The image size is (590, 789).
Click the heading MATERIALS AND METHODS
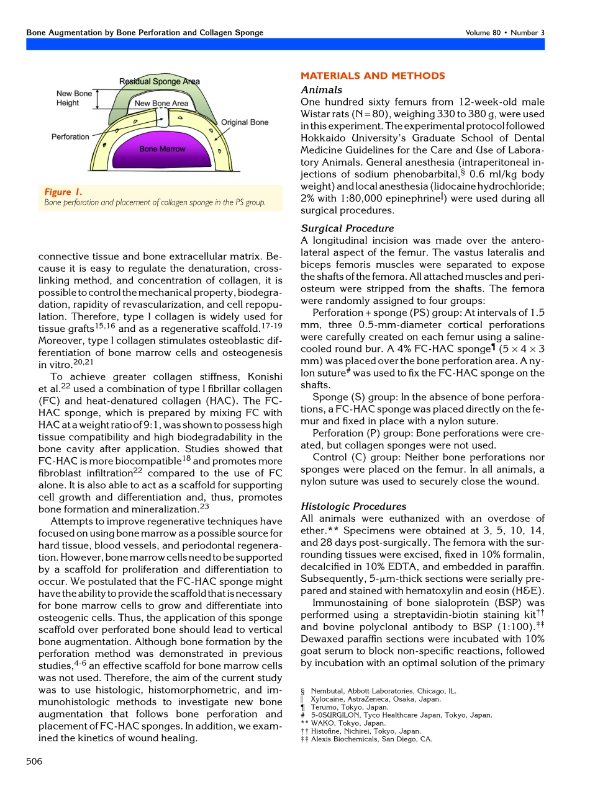click(373, 76)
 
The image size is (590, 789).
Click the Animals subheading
click(320, 90)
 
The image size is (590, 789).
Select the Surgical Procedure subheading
click(347, 228)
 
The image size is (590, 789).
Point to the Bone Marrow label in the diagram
click(157, 149)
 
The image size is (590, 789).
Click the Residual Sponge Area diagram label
click(160, 81)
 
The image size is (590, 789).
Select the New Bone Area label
click(161, 103)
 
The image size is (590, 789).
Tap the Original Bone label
click(245, 122)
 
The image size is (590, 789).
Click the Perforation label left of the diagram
click(70, 136)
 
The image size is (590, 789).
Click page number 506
click(34, 761)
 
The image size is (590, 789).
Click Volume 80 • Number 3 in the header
click(504, 32)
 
